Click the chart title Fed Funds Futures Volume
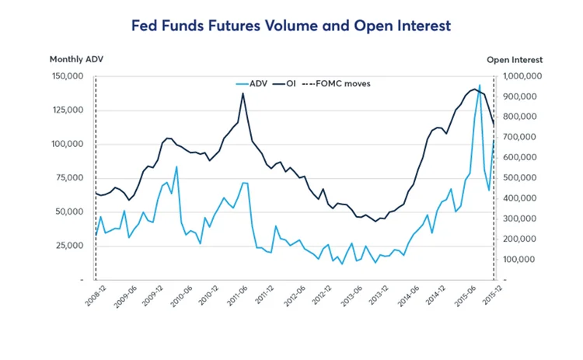[291, 26]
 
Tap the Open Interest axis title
[515, 59]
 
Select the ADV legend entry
[259, 83]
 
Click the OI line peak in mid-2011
[243, 93]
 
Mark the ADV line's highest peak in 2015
[480, 85]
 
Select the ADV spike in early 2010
[176, 166]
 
